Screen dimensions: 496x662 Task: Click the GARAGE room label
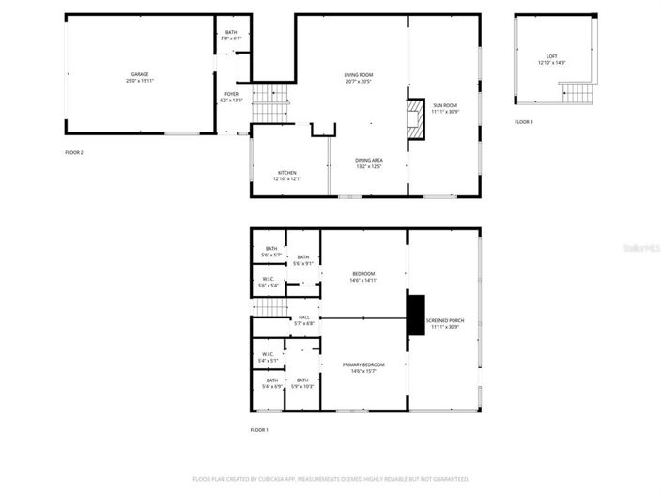(x=140, y=77)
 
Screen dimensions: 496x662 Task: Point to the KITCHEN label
(x=286, y=176)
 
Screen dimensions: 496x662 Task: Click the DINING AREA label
(x=368, y=163)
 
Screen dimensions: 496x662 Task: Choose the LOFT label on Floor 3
(x=551, y=59)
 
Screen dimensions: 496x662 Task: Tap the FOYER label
(x=231, y=97)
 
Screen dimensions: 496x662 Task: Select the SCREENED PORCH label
(x=444, y=324)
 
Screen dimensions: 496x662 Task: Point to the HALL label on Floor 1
(x=303, y=320)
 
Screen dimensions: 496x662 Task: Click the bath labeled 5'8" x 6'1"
(x=231, y=36)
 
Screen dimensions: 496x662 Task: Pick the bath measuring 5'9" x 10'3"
(x=302, y=383)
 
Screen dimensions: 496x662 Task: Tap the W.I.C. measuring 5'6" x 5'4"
(x=269, y=282)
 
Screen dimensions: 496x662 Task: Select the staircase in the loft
(x=575, y=94)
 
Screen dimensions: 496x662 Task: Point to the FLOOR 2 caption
(x=73, y=152)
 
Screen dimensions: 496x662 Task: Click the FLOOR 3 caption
(x=523, y=123)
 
